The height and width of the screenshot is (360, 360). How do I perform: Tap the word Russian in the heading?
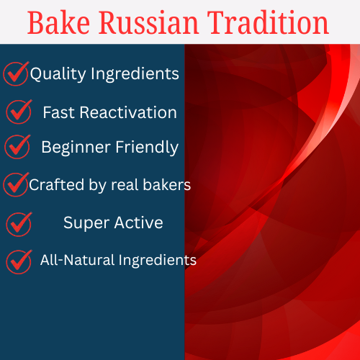(145, 22)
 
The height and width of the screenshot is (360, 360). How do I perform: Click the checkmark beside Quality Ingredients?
(16, 73)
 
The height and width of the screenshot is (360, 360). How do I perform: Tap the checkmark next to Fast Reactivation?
(19, 111)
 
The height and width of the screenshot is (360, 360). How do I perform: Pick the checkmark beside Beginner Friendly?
(17, 147)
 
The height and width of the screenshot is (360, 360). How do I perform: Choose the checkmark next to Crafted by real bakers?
(16, 184)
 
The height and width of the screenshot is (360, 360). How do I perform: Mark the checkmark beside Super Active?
(19, 223)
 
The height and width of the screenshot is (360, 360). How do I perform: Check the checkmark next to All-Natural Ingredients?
(19, 260)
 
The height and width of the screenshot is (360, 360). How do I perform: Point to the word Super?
(84, 223)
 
